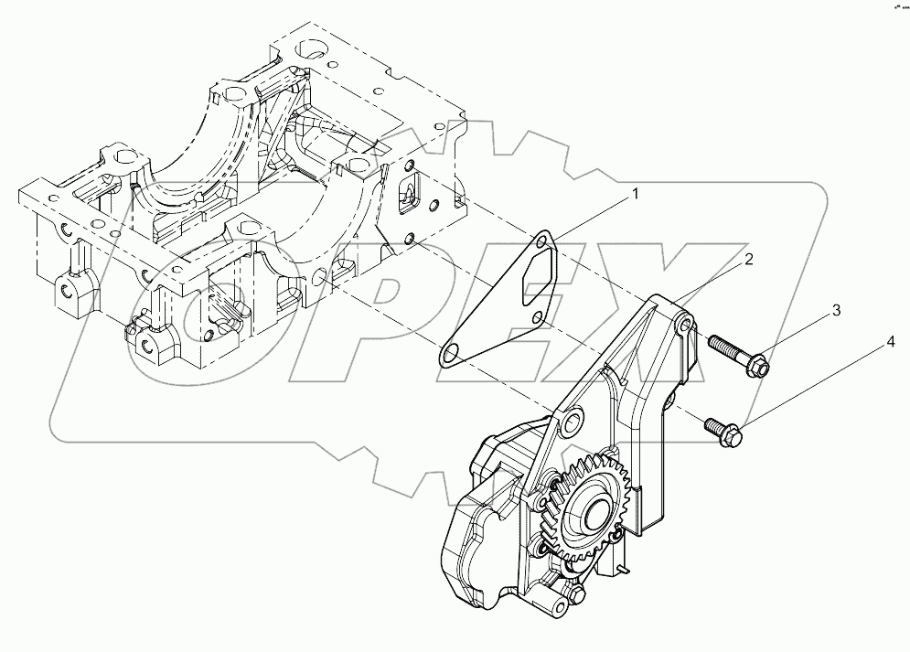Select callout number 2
tap(747, 260)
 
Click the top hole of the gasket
tap(545, 241)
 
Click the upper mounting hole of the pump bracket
tap(685, 326)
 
